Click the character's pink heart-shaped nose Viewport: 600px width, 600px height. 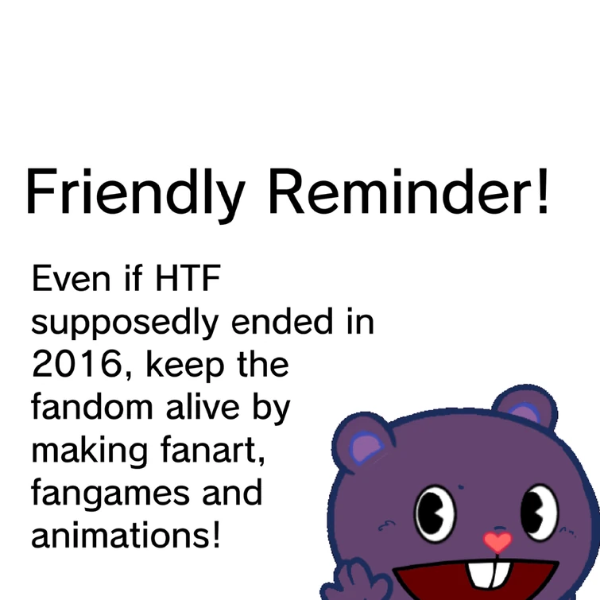click(x=498, y=543)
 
